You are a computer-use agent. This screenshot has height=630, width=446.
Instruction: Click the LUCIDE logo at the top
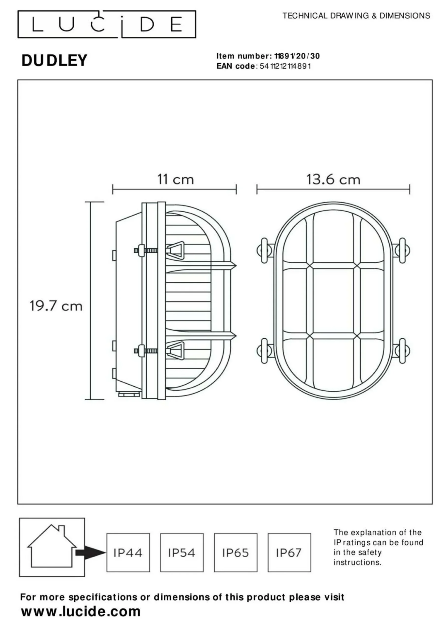click(x=107, y=24)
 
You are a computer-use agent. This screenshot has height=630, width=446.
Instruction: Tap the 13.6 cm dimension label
click(x=333, y=180)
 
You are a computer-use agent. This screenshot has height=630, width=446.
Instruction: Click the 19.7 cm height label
click(x=56, y=306)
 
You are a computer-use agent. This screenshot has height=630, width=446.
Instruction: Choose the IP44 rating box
click(x=128, y=552)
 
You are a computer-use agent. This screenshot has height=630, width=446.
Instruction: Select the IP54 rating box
click(x=182, y=552)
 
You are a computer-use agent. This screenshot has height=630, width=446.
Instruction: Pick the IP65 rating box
click(x=236, y=552)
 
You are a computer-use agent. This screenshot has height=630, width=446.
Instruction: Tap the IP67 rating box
click(x=289, y=552)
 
